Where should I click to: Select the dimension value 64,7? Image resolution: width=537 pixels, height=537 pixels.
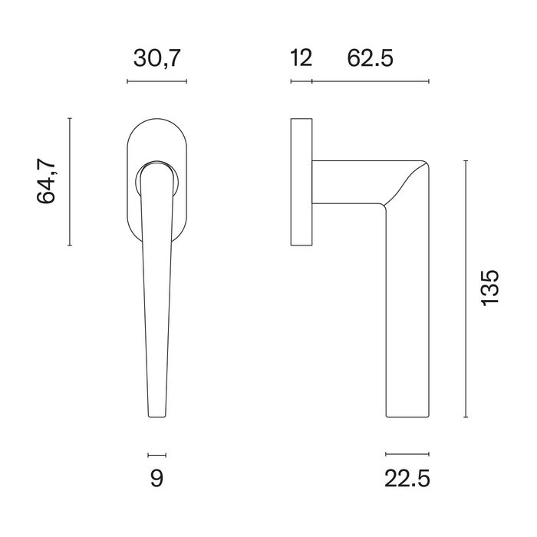click(x=48, y=182)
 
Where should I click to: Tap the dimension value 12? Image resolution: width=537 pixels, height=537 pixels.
click(x=301, y=58)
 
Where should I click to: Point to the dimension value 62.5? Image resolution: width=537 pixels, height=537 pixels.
click(x=371, y=58)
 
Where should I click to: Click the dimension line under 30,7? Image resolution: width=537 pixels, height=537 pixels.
click(x=156, y=81)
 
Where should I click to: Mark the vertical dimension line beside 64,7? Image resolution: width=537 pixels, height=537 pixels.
click(x=70, y=182)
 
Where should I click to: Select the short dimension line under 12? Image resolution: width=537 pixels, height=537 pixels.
click(x=301, y=81)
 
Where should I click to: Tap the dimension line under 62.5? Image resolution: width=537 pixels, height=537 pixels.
click(x=371, y=81)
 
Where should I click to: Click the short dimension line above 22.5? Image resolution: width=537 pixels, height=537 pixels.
click(x=407, y=453)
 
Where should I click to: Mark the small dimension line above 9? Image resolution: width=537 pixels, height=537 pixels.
click(x=156, y=453)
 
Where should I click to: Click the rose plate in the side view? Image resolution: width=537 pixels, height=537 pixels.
click(x=301, y=182)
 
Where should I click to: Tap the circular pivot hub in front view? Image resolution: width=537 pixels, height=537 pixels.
click(x=157, y=175)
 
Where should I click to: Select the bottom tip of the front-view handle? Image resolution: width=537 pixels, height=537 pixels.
click(x=156, y=413)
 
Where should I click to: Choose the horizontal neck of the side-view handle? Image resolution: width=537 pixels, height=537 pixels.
click(x=349, y=183)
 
